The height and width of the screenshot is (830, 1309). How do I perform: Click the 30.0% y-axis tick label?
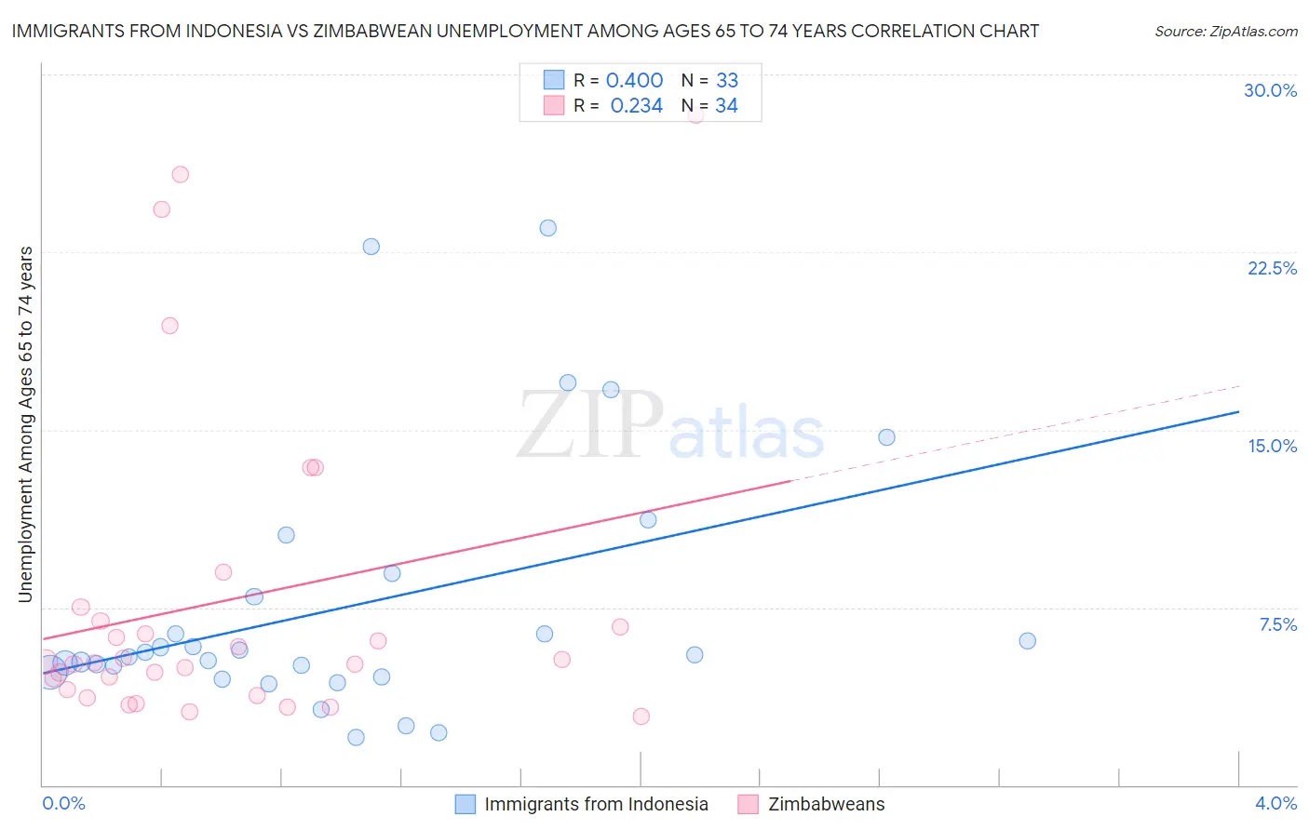pos(1270,90)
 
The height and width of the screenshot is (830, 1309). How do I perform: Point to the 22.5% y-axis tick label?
pos(1272,268)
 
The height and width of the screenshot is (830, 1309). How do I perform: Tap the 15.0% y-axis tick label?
pos(1272,446)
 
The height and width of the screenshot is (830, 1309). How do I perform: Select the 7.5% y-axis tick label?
pos(1277,624)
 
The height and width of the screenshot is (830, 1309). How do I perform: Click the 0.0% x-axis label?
pos(63,803)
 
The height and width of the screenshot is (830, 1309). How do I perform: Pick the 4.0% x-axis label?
pos(1275,803)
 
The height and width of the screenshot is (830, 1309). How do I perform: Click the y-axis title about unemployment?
pos(25,424)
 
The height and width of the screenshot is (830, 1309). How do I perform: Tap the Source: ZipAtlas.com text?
pos(1225,32)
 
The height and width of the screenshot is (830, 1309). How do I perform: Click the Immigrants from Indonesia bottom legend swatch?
pos(466,804)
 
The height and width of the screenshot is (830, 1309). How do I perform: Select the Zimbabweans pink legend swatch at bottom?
pos(748,804)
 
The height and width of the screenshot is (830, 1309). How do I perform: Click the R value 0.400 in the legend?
pos(634,81)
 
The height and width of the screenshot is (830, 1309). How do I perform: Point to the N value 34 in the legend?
pos(726,106)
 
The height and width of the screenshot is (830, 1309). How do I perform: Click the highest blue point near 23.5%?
pos(547,228)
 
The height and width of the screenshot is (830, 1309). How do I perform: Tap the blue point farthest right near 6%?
pos(1027,640)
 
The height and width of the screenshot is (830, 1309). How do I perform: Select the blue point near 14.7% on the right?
pos(886,437)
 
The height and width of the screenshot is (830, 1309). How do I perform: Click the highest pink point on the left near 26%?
pos(181,175)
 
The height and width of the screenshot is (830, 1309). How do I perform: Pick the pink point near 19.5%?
pos(169,326)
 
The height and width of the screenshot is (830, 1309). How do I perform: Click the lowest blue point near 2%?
pos(356,737)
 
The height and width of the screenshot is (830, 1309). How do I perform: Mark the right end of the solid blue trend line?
pos(1238,411)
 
